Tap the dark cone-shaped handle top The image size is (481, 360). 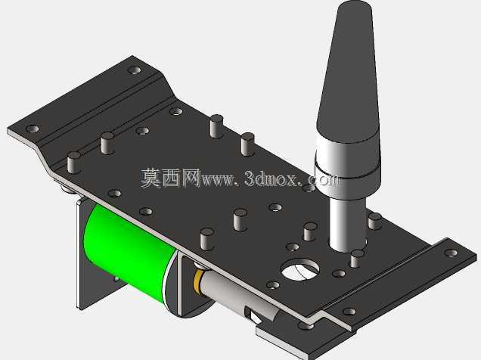(x=349, y=73)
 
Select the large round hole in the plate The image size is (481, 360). (x=300, y=269)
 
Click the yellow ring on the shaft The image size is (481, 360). (x=198, y=280)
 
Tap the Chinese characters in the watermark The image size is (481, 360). (x=171, y=178)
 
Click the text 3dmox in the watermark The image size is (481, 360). (x=271, y=178)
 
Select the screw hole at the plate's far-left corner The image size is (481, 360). (x=32, y=129)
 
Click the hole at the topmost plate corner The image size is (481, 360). (x=135, y=70)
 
